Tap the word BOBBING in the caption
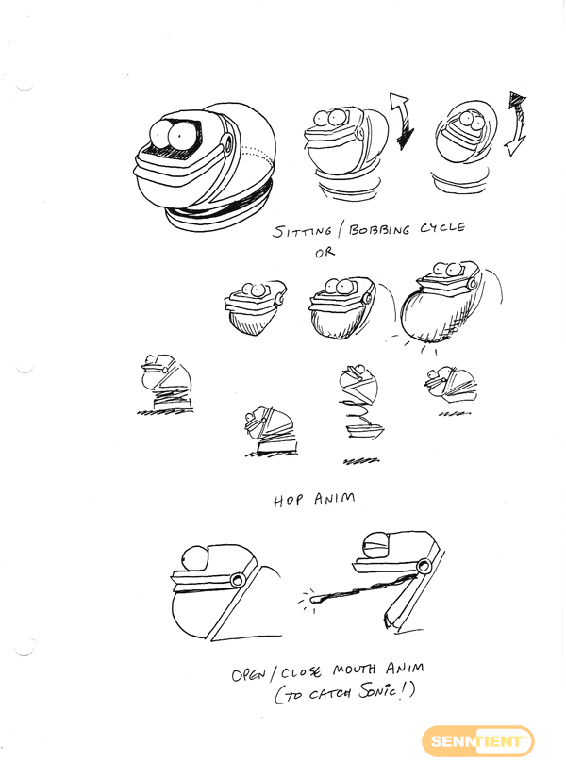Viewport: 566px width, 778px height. (x=380, y=230)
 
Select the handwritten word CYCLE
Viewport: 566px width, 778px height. (x=442, y=228)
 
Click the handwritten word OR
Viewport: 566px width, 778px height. (x=325, y=253)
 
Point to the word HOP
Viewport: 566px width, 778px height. (x=288, y=500)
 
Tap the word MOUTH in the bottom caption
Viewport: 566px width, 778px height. (x=354, y=670)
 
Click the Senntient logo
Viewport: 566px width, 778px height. (x=477, y=742)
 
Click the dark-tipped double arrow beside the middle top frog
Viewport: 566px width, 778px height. (x=402, y=121)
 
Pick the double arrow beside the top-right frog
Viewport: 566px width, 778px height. (x=515, y=124)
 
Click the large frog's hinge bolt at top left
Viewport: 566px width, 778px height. (x=228, y=143)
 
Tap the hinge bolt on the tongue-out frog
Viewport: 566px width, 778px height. (x=424, y=565)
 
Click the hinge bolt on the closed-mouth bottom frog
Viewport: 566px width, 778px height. (x=238, y=580)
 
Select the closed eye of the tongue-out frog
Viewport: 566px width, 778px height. (x=375, y=545)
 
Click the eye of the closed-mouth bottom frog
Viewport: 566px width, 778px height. (x=195, y=559)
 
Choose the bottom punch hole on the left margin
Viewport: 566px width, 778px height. (x=25, y=649)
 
